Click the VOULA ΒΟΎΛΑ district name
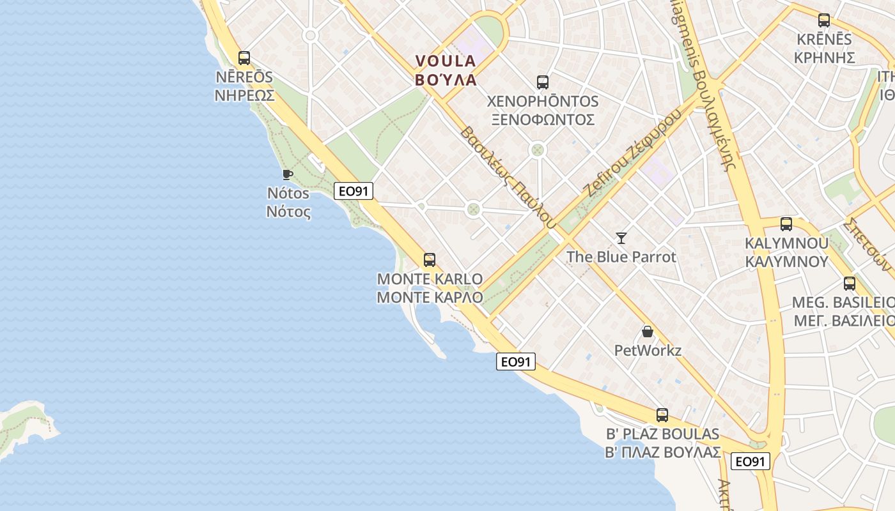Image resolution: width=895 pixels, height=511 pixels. (x=446, y=70)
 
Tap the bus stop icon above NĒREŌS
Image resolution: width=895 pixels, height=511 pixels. (x=244, y=58)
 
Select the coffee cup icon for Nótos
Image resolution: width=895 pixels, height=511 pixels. (x=288, y=174)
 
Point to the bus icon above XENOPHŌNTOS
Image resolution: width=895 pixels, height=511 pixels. (x=543, y=82)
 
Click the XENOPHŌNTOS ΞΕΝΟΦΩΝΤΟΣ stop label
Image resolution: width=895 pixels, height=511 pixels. (x=542, y=111)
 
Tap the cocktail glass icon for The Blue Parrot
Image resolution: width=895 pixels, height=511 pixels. (x=621, y=238)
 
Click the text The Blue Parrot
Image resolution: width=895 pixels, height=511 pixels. (x=621, y=257)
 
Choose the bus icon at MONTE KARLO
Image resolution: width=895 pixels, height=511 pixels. (x=430, y=260)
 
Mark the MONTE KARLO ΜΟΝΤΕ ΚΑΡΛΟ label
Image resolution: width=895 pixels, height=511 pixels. (x=430, y=288)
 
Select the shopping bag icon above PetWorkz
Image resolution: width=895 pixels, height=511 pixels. (x=648, y=332)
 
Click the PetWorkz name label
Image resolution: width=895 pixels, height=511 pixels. (x=648, y=350)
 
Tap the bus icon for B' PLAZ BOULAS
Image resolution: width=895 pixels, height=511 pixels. (x=662, y=415)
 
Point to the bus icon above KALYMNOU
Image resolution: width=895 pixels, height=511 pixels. (x=786, y=224)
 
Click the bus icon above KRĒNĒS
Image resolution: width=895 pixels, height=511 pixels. (x=824, y=20)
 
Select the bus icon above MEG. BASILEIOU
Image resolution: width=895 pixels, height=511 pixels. (x=850, y=284)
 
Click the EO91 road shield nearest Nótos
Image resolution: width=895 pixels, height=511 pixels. (x=353, y=190)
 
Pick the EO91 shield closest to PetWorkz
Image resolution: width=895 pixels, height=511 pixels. (x=515, y=362)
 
